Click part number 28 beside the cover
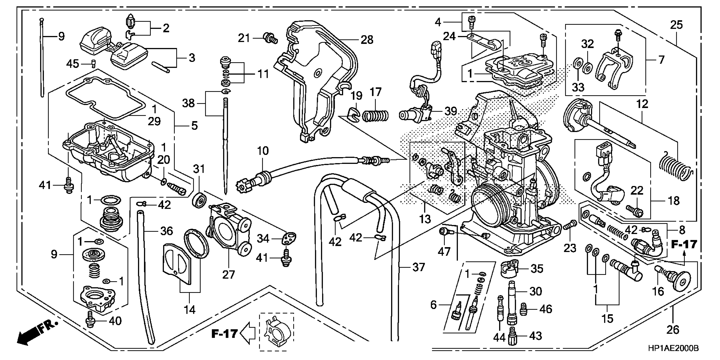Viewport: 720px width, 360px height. [367, 40]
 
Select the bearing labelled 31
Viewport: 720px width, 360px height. [199, 200]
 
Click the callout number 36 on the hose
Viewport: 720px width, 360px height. [167, 231]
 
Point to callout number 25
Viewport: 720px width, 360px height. [676, 25]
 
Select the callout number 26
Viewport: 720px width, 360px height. [673, 330]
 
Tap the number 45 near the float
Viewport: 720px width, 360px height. [72, 64]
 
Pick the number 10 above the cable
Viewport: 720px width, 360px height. [263, 151]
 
